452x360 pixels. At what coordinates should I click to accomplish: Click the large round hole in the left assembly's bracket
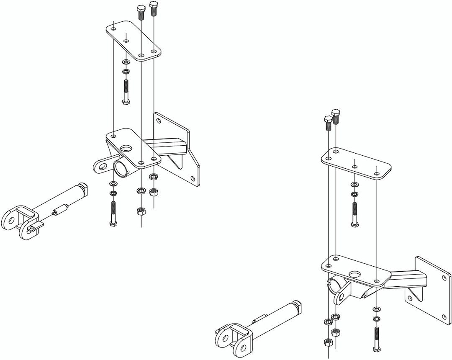tap(126, 148)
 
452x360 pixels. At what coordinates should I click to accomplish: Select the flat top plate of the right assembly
tap(356, 163)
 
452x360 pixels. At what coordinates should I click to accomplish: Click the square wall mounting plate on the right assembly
tap(431, 289)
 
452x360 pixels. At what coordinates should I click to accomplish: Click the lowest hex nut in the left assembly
tap(140, 211)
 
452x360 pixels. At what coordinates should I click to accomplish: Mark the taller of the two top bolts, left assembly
tap(153, 8)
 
